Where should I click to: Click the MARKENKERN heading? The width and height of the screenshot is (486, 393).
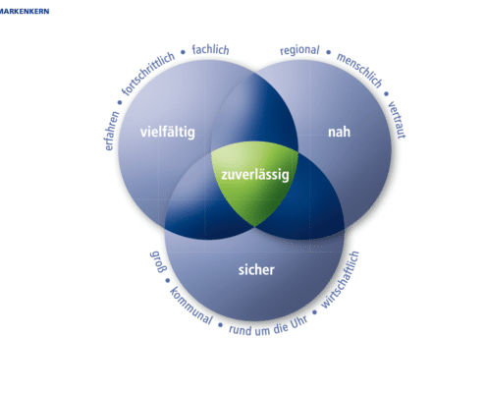click(x=25, y=11)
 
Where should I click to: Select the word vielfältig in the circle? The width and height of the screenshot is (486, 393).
click(x=168, y=133)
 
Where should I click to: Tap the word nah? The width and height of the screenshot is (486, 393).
click(x=339, y=132)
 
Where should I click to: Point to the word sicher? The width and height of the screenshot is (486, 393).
click(x=256, y=270)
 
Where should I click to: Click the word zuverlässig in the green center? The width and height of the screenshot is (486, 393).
click(x=255, y=175)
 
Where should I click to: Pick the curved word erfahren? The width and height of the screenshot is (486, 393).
click(x=112, y=131)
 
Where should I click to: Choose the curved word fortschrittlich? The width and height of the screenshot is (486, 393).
click(x=148, y=73)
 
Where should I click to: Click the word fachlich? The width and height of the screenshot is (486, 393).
click(x=210, y=50)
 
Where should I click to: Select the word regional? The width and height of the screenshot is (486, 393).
click(x=299, y=50)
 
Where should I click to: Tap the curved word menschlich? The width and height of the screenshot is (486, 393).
click(x=359, y=71)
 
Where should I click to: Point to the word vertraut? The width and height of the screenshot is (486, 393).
click(x=397, y=120)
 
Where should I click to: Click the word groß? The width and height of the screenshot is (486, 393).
click(x=159, y=261)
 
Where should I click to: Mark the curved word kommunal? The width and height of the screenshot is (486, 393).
click(x=191, y=306)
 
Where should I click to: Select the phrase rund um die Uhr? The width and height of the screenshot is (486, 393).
click(x=268, y=326)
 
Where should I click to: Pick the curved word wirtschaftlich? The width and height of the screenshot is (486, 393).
click(x=341, y=280)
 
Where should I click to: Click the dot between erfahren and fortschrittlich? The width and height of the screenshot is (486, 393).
click(x=120, y=102)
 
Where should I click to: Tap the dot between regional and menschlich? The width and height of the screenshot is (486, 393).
click(x=329, y=52)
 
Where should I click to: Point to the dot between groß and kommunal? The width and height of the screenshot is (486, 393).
click(x=168, y=280)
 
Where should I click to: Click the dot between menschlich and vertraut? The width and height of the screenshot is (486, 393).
click(x=386, y=94)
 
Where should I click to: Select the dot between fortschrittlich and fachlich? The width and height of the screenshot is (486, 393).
click(x=183, y=52)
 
